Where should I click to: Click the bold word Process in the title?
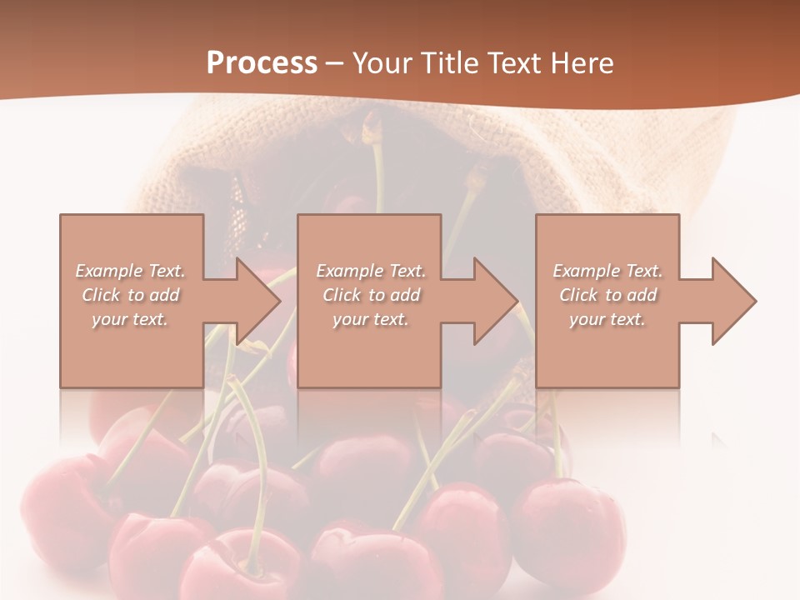pyautogui.click(x=262, y=63)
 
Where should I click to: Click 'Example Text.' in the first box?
pyautogui.click(x=130, y=271)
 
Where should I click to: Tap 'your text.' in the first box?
pyautogui.click(x=130, y=319)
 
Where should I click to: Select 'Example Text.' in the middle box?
pyautogui.click(x=371, y=271)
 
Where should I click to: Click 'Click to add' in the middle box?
pyautogui.click(x=371, y=295)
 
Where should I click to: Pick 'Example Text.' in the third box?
pyautogui.click(x=607, y=271)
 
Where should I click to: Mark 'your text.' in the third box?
pyautogui.click(x=607, y=319)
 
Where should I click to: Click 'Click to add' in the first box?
pyautogui.click(x=130, y=295)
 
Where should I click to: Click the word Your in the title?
pyautogui.click(x=380, y=63)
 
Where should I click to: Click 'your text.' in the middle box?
pyautogui.click(x=371, y=319)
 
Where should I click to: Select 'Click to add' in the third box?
pyautogui.click(x=607, y=295)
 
